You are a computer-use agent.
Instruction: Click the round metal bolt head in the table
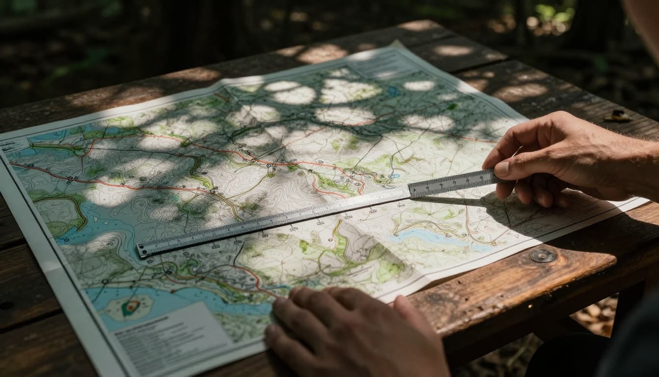[x=543, y=255]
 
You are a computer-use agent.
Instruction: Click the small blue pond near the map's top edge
[x=394, y=91]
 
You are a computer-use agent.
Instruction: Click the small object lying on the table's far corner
[x=618, y=116]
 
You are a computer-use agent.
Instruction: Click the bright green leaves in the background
[x=549, y=12]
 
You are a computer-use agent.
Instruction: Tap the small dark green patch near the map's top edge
[x=452, y=106]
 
